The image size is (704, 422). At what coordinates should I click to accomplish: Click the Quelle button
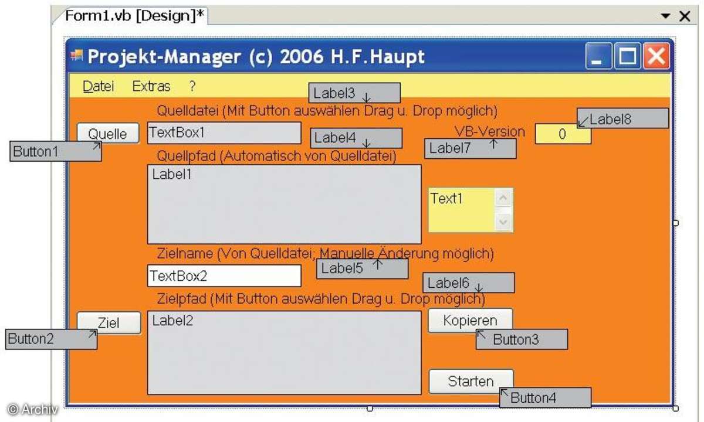pos(108,133)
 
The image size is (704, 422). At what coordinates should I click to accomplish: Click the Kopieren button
pos(470,320)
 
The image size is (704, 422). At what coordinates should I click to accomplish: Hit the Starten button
pos(471,381)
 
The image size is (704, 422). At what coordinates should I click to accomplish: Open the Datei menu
pos(98,86)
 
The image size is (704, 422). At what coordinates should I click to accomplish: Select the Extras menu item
pos(151,86)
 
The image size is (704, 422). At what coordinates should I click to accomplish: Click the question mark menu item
pos(192,86)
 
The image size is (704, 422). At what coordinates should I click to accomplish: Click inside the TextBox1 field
pos(224,133)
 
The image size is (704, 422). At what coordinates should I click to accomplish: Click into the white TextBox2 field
pos(224,275)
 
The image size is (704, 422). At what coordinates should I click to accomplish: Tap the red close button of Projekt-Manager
pos(656,56)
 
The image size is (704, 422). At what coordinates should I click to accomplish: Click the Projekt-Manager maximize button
pos(628,56)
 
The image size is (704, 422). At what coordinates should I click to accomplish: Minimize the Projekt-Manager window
pos(598,56)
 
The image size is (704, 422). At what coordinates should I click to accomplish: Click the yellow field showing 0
pos(563,134)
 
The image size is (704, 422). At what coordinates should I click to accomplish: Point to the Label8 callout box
pos(622,118)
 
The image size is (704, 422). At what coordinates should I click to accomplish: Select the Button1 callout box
pos(56,151)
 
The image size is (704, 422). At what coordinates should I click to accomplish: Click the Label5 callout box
pos(363,268)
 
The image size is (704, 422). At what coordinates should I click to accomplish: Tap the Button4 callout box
pos(545,397)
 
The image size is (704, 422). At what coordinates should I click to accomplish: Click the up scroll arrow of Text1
pos(503,198)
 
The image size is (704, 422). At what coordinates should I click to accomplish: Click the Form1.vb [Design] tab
pos(134,16)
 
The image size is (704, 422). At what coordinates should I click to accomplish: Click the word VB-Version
pos(490,131)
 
